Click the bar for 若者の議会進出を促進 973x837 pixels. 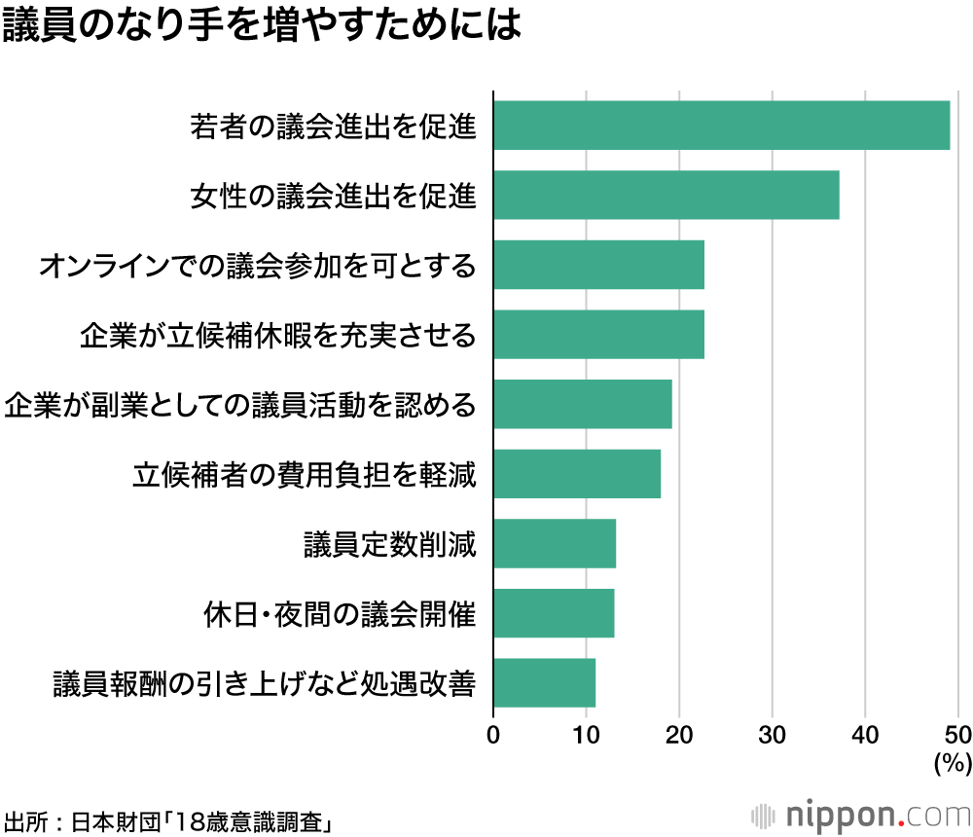pyautogui.click(x=721, y=126)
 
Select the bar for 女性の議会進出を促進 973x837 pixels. pyautogui.click(x=666, y=196)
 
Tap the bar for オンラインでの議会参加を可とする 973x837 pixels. pyautogui.click(x=598, y=265)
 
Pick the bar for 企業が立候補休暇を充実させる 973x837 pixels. pyautogui.click(x=598, y=335)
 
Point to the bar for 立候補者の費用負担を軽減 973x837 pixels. pyautogui.click(x=577, y=474)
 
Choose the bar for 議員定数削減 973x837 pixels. pyautogui.click(x=555, y=544)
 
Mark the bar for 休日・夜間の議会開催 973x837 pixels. pyautogui.click(x=554, y=613)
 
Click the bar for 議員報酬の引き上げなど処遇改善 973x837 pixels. pyautogui.click(x=544, y=683)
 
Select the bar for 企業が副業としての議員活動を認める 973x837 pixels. pyautogui.click(x=582, y=405)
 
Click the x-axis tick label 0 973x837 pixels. pyautogui.click(x=493, y=734)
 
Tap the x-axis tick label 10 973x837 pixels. pyautogui.click(x=586, y=734)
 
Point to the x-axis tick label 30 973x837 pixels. pyautogui.click(x=772, y=734)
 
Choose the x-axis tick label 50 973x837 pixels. pyautogui.click(x=958, y=734)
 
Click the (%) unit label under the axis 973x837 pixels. pyautogui.click(x=953, y=762)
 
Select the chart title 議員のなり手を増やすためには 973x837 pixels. pyautogui.click(x=262, y=26)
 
